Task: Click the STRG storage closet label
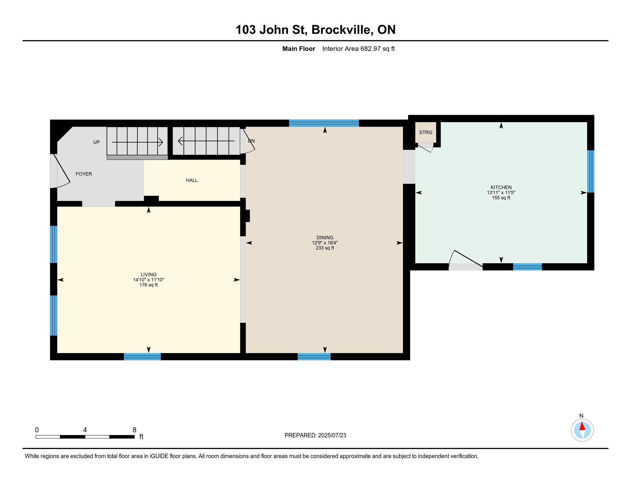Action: click(426, 132)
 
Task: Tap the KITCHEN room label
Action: click(501, 187)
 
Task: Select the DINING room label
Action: click(325, 238)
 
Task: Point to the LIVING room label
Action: click(149, 275)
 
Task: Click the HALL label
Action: click(192, 180)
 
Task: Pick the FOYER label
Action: click(84, 174)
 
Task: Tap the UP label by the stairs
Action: click(96, 142)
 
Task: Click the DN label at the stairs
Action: click(251, 141)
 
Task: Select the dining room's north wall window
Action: click(324, 123)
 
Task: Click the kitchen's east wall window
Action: click(591, 171)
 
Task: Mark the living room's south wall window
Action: click(143, 357)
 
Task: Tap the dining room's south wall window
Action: click(314, 357)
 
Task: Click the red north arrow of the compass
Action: click(583, 426)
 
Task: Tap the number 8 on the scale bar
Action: click(134, 430)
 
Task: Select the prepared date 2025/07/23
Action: click(332, 435)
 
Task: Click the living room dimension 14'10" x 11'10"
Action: click(149, 280)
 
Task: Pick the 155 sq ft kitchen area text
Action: click(501, 198)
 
